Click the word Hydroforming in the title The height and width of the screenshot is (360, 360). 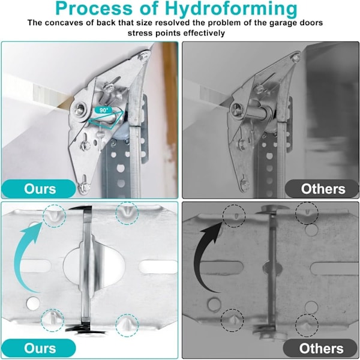coord(231,9)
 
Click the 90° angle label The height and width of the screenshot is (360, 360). coord(104,110)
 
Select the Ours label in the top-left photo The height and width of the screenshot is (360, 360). coord(40,189)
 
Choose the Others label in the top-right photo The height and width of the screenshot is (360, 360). coord(323,189)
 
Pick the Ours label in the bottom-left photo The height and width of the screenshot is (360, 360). coord(40,348)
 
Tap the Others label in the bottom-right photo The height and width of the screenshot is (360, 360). coord(321,348)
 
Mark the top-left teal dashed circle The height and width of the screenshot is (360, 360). coord(55,216)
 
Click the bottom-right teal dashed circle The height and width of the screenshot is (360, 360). coord(127,326)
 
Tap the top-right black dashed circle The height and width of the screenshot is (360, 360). coord(307,213)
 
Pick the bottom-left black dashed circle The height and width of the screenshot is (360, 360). coord(232,320)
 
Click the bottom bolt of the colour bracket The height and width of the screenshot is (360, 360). coord(82,187)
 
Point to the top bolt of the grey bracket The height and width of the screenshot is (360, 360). coord(296,58)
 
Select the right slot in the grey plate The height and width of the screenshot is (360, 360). coord(334,268)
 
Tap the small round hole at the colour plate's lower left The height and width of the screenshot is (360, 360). coord(33,303)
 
